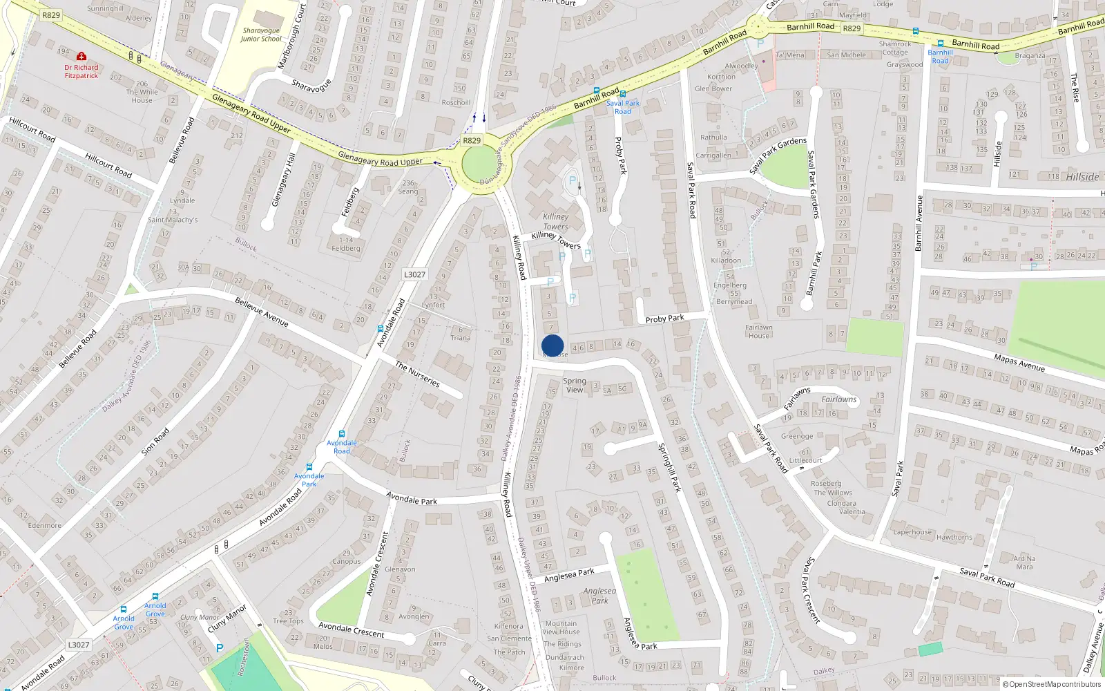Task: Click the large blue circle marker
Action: [552, 345]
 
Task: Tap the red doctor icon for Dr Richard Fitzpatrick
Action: [81, 56]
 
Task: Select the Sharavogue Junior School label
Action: [261, 35]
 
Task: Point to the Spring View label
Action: [574, 386]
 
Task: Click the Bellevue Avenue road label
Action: [261, 312]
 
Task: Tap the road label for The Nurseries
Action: [417, 374]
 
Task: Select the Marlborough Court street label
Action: [291, 36]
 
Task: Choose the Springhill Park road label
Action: [669, 467]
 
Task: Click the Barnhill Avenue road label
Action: [919, 223]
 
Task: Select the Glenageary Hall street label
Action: [283, 180]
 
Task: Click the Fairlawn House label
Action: [758, 332]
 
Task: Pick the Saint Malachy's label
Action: [173, 220]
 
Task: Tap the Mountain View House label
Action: [561, 627]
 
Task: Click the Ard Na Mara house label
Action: [1024, 562]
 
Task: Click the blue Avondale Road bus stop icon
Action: [341, 434]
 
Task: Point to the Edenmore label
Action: [45, 525]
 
